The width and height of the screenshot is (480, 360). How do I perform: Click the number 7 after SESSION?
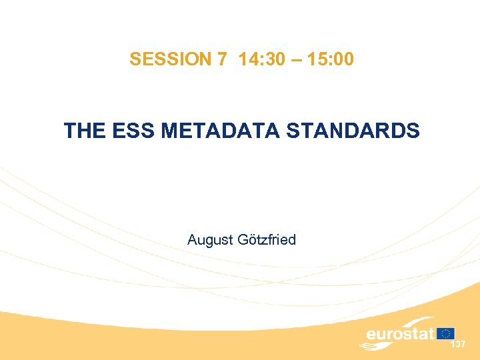tap(221, 59)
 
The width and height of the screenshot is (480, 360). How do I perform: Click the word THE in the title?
tap(83, 130)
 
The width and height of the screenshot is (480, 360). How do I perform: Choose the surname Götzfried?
tap(265, 239)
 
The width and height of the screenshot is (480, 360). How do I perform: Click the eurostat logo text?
tap(400, 333)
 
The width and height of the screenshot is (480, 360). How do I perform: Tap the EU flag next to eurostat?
tap(445, 333)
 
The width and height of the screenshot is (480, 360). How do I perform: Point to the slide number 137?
tap(457, 345)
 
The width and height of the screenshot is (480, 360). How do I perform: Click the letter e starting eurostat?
tap(371, 334)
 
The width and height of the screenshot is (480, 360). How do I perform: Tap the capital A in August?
tap(193, 239)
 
